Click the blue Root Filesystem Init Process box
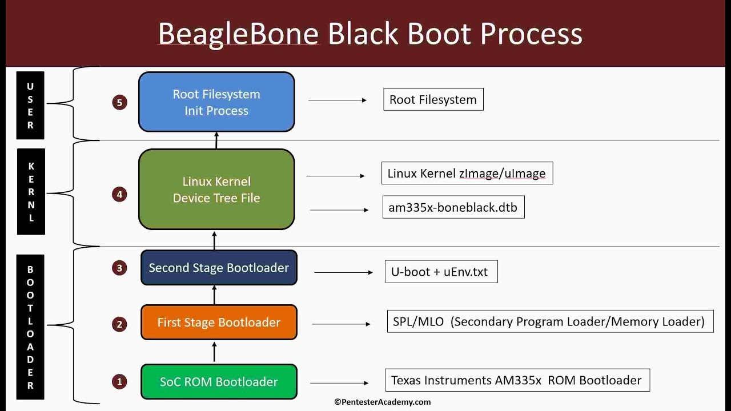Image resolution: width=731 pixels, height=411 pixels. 216,102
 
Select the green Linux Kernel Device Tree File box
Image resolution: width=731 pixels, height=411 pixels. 216,190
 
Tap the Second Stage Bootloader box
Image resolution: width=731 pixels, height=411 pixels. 219,268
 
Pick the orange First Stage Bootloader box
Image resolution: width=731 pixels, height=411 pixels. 219,323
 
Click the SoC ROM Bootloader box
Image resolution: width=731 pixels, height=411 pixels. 219,382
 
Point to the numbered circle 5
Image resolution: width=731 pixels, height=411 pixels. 119,103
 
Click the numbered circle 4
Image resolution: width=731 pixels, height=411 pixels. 119,195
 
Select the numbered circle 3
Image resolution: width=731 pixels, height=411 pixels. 119,268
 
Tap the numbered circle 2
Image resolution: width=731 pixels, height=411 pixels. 119,325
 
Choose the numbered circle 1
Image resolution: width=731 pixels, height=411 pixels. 119,381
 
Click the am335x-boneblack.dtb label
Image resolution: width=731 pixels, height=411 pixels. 453,207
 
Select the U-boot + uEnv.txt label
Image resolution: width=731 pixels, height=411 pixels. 440,272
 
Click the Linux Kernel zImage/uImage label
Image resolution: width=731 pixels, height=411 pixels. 467,174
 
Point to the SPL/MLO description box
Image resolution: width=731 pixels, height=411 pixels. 549,321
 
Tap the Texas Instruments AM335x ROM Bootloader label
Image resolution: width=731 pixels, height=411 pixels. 517,380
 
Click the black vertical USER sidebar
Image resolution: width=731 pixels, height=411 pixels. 30,106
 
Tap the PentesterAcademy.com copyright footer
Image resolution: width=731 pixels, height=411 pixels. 383,402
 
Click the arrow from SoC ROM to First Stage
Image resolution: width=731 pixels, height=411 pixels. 215,352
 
